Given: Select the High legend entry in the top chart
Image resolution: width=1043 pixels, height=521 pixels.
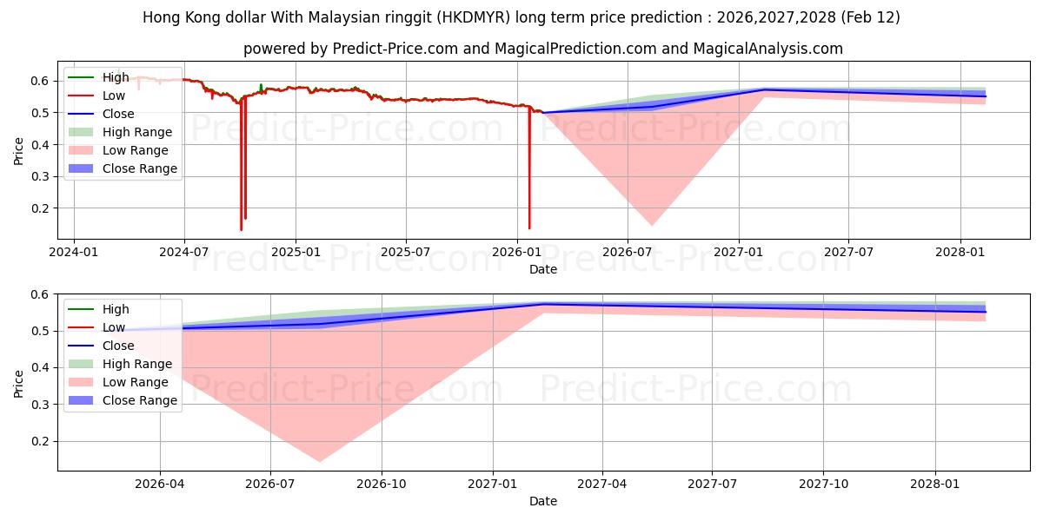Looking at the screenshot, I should [116, 77].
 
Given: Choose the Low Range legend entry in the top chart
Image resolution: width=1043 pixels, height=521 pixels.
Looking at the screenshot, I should [136, 150].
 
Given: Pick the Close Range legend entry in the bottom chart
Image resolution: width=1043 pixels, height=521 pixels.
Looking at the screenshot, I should [140, 400].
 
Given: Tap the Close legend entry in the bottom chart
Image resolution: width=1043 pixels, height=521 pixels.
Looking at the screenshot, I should [118, 346].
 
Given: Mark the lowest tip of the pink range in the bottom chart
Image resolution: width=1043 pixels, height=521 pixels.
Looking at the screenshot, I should [319, 462].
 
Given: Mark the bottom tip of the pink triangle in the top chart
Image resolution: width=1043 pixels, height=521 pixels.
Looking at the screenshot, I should [651, 226].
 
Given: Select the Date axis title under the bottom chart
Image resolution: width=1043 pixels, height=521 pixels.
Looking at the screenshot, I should [543, 501].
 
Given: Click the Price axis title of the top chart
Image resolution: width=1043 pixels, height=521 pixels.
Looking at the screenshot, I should [19, 150].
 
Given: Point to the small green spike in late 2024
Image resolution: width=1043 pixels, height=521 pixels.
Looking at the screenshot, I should [261, 86].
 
